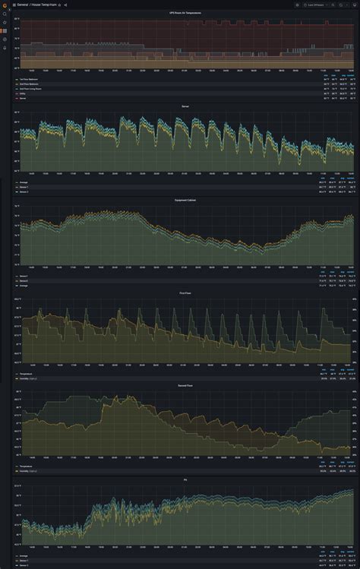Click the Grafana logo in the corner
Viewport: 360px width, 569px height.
coord(4,5)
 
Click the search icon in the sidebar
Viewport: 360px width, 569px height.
coord(4,14)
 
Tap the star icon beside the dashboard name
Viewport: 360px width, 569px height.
coord(59,5)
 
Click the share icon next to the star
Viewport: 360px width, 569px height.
coord(65,5)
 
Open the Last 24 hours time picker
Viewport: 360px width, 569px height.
coord(317,5)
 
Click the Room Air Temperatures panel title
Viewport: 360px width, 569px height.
coord(185,13)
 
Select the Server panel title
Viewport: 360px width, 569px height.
coord(185,106)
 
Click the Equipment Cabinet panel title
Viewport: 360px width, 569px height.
coord(185,200)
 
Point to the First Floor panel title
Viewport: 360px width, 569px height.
coord(185,292)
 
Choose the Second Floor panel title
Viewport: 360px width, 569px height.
coord(185,386)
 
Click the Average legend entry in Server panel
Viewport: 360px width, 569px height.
coord(25,182)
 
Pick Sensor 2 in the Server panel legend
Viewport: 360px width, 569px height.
coord(26,190)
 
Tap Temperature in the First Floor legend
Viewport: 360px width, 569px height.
coord(27,373)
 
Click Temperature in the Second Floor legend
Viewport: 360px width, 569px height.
coord(27,466)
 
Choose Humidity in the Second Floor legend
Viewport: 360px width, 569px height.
coord(28,470)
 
